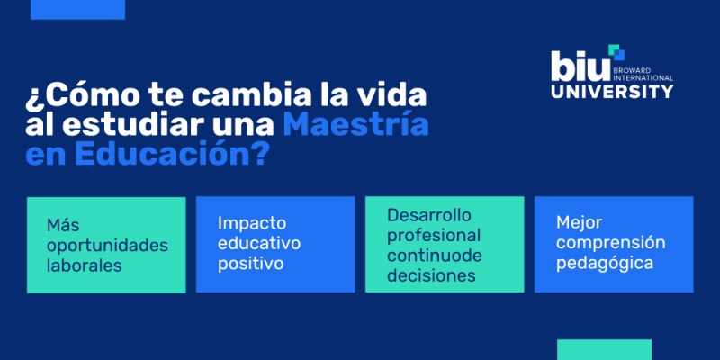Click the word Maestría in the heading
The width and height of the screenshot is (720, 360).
pos(355,123)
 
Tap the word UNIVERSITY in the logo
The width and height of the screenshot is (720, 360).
pos(611,91)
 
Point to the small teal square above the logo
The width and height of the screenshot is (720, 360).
pos(616,50)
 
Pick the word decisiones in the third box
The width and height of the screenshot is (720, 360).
pos(431,276)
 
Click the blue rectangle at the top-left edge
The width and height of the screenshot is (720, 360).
pos(77,9)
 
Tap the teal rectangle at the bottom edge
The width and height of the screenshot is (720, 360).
pos(604,349)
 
